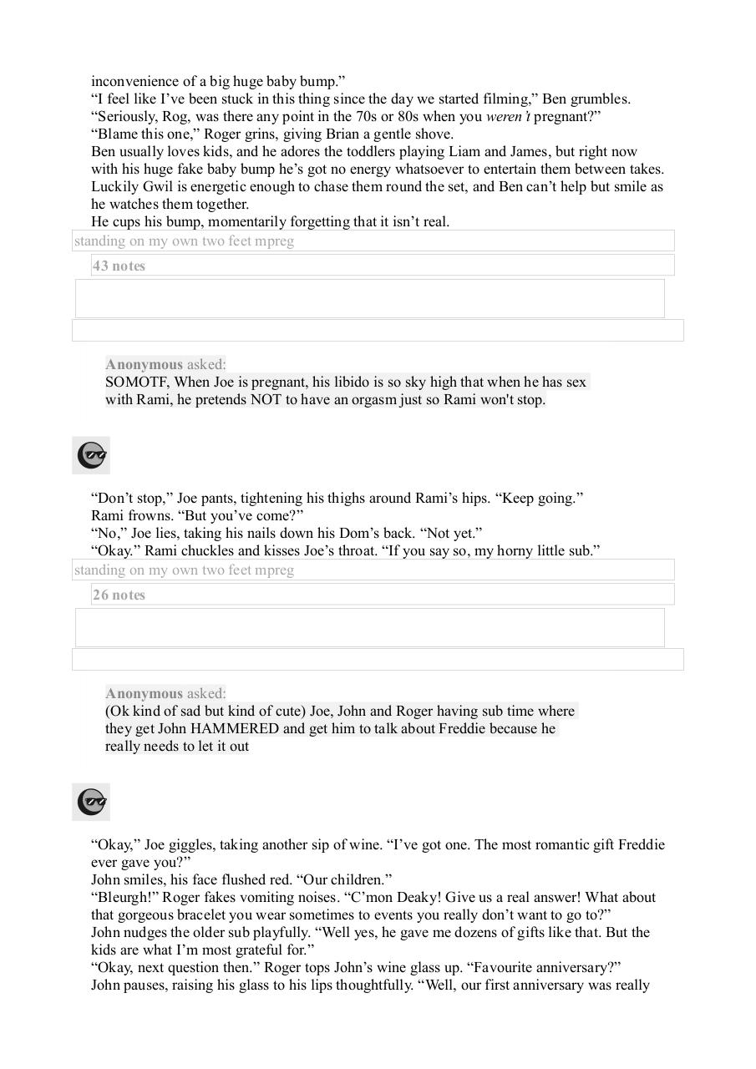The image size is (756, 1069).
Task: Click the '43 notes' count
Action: click(119, 266)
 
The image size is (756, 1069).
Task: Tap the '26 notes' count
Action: click(119, 595)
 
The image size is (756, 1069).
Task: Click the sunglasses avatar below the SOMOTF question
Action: click(91, 455)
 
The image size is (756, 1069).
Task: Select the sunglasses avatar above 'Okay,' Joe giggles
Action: click(91, 802)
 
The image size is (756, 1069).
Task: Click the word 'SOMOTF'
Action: click(136, 382)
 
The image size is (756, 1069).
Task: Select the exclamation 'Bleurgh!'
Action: click(124, 897)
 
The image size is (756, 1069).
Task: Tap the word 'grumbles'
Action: click(599, 99)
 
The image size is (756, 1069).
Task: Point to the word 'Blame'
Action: click(117, 134)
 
